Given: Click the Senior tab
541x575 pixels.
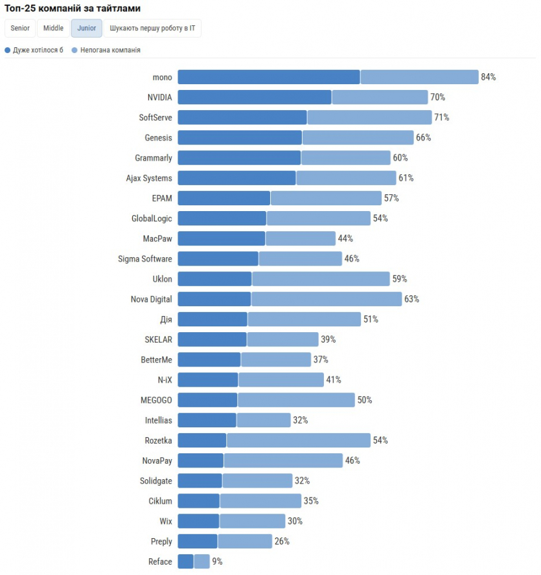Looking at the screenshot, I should pyautogui.click(x=20, y=28).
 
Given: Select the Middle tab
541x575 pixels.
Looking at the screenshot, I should pyautogui.click(x=53, y=28).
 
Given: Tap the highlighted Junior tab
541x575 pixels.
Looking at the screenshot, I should pyautogui.click(x=87, y=28).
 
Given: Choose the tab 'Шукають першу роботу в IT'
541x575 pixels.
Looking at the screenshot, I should pyautogui.click(x=152, y=28).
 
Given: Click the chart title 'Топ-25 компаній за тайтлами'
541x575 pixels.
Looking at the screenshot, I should pyautogui.click(x=73, y=8).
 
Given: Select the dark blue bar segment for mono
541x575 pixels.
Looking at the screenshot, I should pyautogui.click(x=269, y=77).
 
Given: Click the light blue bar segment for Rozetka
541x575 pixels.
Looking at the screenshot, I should pyautogui.click(x=298, y=440).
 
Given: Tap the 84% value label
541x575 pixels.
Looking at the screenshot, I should pyautogui.click(x=488, y=77).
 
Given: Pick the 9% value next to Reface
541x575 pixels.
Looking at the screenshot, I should pyautogui.click(x=217, y=561).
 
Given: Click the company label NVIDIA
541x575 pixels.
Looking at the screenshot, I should pyautogui.click(x=160, y=97).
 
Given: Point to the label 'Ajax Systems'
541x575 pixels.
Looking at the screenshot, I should pyautogui.click(x=149, y=178).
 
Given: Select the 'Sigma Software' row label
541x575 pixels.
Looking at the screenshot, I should pyautogui.click(x=145, y=259).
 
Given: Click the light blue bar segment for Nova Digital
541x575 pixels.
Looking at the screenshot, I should pyautogui.click(x=327, y=299).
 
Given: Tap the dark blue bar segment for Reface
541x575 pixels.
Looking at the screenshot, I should pyautogui.click(x=185, y=561).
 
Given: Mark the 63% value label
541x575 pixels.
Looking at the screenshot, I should pyautogui.click(x=411, y=299).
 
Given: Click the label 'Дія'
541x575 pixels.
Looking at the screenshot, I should pyautogui.click(x=166, y=319).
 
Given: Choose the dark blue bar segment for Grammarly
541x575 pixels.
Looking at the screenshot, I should pyautogui.click(x=239, y=158).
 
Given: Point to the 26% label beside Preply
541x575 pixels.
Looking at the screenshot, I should pyautogui.click(x=282, y=541).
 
